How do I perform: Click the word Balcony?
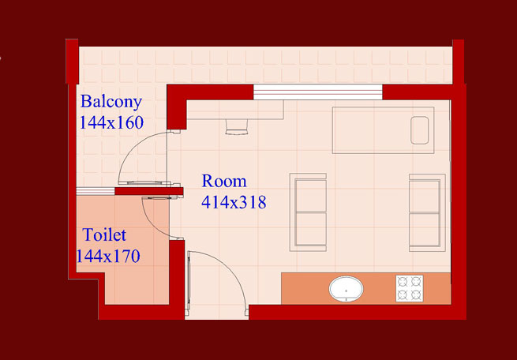(x=111, y=102)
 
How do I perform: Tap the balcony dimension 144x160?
(x=111, y=122)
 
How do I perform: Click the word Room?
(x=224, y=181)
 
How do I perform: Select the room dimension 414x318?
(x=234, y=202)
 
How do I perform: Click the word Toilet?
(x=104, y=234)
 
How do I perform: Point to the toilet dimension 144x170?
(x=108, y=256)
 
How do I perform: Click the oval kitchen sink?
(x=346, y=289)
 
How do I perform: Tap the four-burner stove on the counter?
(x=410, y=288)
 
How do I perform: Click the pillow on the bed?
(x=419, y=130)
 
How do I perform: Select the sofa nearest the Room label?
(x=308, y=212)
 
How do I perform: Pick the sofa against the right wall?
(x=427, y=212)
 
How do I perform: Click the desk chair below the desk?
(x=237, y=127)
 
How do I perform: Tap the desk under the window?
(x=235, y=110)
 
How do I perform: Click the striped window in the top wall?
(x=318, y=92)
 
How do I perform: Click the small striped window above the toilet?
(x=96, y=191)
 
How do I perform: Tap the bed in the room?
(x=383, y=130)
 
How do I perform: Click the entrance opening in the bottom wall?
(x=216, y=313)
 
